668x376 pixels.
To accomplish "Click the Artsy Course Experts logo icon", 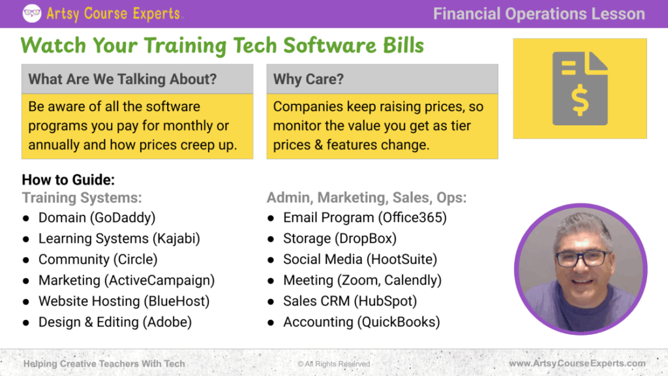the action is point(32,13).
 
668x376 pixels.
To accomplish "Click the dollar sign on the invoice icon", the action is point(580,101).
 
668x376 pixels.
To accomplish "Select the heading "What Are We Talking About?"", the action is point(123,79).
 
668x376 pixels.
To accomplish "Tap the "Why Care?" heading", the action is point(309,79).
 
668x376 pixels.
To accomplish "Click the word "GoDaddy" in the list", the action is point(123,218).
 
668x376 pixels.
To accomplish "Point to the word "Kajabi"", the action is point(176,239).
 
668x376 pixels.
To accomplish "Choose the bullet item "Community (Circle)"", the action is point(98,260).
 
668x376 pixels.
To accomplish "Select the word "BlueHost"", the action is point(177,302).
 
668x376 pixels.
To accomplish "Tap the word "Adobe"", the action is point(167,322).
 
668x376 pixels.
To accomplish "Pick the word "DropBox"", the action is point(366,239).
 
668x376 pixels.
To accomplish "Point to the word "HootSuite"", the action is point(402,260).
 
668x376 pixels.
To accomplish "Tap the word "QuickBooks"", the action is point(399,322).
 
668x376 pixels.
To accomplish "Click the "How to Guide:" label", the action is point(68,180).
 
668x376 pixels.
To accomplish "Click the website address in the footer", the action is point(577,364).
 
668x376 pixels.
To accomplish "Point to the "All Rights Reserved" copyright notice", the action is point(333,364).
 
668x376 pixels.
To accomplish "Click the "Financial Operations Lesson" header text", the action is point(539,14).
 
